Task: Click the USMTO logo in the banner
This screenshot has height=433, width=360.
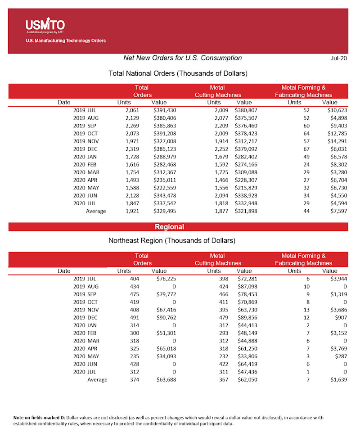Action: (x=45, y=25)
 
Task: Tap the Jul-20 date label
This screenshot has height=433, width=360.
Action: (x=339, y=59)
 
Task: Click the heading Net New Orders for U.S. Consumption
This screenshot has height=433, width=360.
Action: (x=182, y=58)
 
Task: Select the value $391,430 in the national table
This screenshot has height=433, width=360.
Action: (x=164, y=110)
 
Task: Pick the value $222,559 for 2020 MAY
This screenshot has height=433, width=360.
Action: (x=164, y=187)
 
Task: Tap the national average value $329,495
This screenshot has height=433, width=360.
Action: (x=164, y=211)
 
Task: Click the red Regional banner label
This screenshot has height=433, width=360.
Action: (x=169, y=227)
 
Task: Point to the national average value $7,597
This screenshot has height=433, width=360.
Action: (x=337, y=211)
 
